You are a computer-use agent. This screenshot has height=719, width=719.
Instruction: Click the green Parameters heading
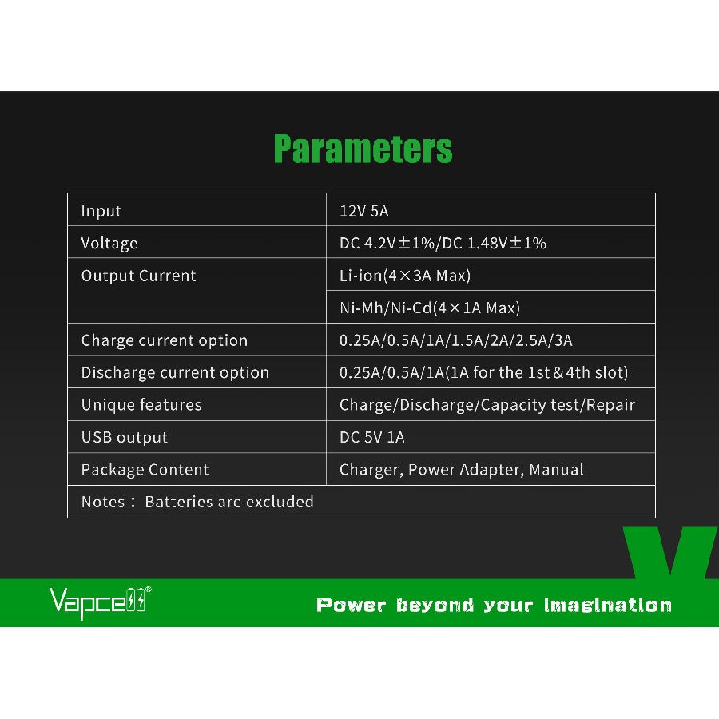point(363,149)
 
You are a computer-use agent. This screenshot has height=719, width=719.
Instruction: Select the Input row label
point(101,211)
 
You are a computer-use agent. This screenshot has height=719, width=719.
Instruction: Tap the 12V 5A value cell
point(364,211)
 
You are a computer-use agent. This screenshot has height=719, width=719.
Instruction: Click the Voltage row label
point(109,243)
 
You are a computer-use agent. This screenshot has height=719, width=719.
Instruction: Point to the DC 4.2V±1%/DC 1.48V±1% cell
point(443,243)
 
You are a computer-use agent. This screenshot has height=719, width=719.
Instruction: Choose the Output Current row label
point(138,276)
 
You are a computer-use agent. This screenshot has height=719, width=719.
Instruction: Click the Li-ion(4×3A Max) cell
point(405,276)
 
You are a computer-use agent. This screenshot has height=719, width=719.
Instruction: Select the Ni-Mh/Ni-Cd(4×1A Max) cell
point(430,308)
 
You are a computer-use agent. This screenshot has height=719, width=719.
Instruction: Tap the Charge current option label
point(164,340)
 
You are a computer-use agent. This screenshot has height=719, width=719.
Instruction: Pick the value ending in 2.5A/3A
point(456,340)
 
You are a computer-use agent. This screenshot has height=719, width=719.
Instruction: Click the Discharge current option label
point(175,373)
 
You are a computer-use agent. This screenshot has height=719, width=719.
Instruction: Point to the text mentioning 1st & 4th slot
point(484,372)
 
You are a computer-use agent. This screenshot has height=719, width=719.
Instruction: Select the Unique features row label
point(141,405)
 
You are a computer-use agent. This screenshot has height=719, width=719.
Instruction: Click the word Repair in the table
point(610,405)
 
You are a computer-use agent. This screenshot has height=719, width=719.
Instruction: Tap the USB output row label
point(125,438)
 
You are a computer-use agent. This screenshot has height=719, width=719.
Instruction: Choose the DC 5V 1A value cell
point(371,437)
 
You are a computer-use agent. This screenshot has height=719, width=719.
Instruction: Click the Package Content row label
point(145,470)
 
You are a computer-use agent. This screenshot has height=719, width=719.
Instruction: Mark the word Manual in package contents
point(556,470)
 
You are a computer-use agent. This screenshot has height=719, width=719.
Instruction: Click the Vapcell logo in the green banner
point(100,602)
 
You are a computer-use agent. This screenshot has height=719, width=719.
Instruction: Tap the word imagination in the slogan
point(608,606)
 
